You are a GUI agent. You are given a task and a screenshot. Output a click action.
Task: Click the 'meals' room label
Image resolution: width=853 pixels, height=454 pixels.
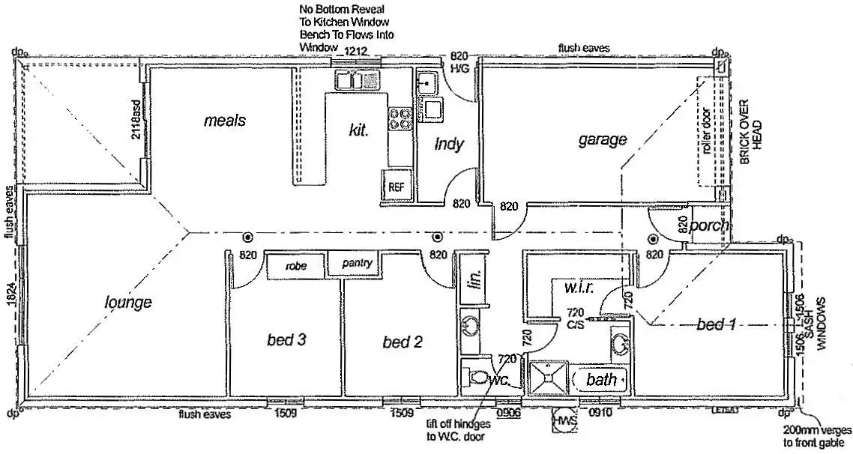[x=224, y=120]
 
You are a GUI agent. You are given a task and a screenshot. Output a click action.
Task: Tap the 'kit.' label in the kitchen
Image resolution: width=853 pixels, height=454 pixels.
[x=360, y=130]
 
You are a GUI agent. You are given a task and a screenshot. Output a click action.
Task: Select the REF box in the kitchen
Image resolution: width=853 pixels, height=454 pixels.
[x=397, y=187]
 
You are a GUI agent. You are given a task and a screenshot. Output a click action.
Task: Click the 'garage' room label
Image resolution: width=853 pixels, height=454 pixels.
[x=602, y=139]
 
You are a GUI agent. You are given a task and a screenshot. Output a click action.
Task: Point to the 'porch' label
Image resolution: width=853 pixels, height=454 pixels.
[x=709, y=226]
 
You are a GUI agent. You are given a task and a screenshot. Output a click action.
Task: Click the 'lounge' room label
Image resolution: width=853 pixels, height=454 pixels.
[x=128, y=302]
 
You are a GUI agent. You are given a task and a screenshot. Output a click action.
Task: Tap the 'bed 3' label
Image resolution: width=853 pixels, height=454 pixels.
[x=286, y=340]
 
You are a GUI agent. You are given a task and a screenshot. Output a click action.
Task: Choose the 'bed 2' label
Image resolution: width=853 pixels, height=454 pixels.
[x=403, y=342]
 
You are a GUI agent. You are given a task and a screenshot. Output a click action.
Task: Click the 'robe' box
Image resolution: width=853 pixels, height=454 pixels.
[x=297, y=265]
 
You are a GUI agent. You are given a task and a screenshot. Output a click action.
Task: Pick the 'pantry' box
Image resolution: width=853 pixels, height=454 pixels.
[x=357, y=264]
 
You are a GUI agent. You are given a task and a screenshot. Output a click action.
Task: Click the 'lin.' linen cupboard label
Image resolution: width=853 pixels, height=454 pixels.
[x=474, y=279]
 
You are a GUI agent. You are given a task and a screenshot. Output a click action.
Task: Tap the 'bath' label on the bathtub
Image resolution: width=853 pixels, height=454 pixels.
[x=601, y=380]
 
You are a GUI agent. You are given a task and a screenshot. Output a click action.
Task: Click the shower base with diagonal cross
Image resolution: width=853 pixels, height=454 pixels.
[x=549, y=379]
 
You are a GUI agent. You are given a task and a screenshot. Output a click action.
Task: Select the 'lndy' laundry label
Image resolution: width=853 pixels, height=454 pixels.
[x=449, y=144]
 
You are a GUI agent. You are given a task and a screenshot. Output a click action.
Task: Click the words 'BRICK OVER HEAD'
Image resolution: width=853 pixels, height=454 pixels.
[x=750, y=124]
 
